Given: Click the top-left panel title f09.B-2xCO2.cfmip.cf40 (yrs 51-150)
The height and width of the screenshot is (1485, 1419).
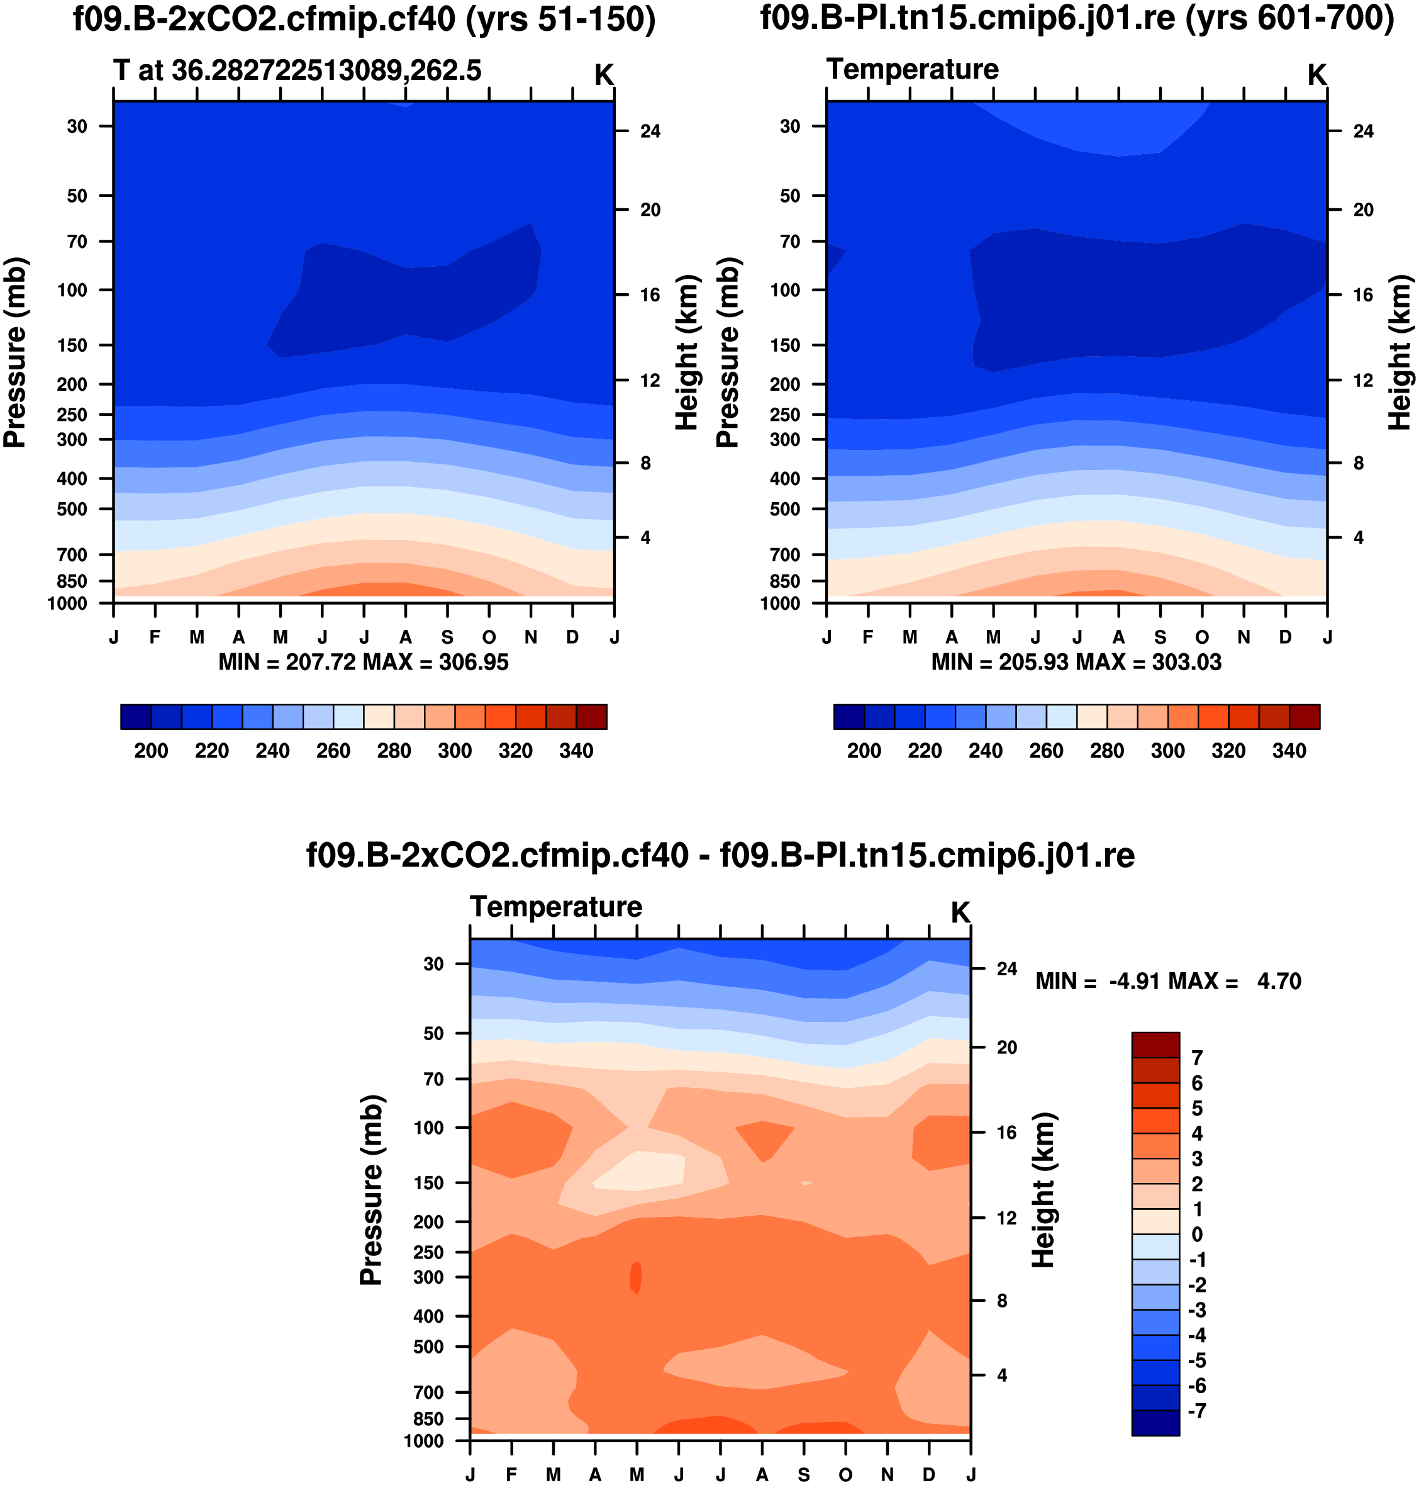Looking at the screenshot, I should pos(364,19).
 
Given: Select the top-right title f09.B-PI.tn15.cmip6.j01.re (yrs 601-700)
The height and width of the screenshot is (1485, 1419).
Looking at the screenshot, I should pos(1077,19).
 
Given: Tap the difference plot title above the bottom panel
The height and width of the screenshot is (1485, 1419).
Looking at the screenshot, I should pos(720,856).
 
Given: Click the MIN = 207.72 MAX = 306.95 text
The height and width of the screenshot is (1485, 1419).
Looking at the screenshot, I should pos(363,663).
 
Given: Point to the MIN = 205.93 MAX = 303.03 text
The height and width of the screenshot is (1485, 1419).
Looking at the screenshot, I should pos(1076,663).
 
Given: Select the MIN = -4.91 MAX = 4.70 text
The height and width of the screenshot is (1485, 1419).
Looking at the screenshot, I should pos(1168,982).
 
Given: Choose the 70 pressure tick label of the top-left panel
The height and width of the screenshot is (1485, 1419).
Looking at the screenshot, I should pos(78,242).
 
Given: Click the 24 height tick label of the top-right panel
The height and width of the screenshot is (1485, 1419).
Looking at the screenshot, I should pos(1363,132).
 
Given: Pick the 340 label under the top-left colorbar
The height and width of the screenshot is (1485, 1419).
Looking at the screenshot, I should pos(576,751).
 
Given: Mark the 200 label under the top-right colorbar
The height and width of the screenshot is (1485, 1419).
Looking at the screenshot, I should pos(864,751).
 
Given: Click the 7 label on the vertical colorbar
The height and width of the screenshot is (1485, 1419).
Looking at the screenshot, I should pos(1196,1058).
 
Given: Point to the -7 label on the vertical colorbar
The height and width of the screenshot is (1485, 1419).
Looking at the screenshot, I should pos(1196,1411).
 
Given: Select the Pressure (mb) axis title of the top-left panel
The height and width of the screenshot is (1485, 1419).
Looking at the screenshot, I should pos(15,352).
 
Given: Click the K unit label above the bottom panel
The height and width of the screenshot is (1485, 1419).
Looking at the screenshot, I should pos(960,913).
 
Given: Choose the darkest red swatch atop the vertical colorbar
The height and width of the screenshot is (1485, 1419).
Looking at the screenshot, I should pos(1155,1045).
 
